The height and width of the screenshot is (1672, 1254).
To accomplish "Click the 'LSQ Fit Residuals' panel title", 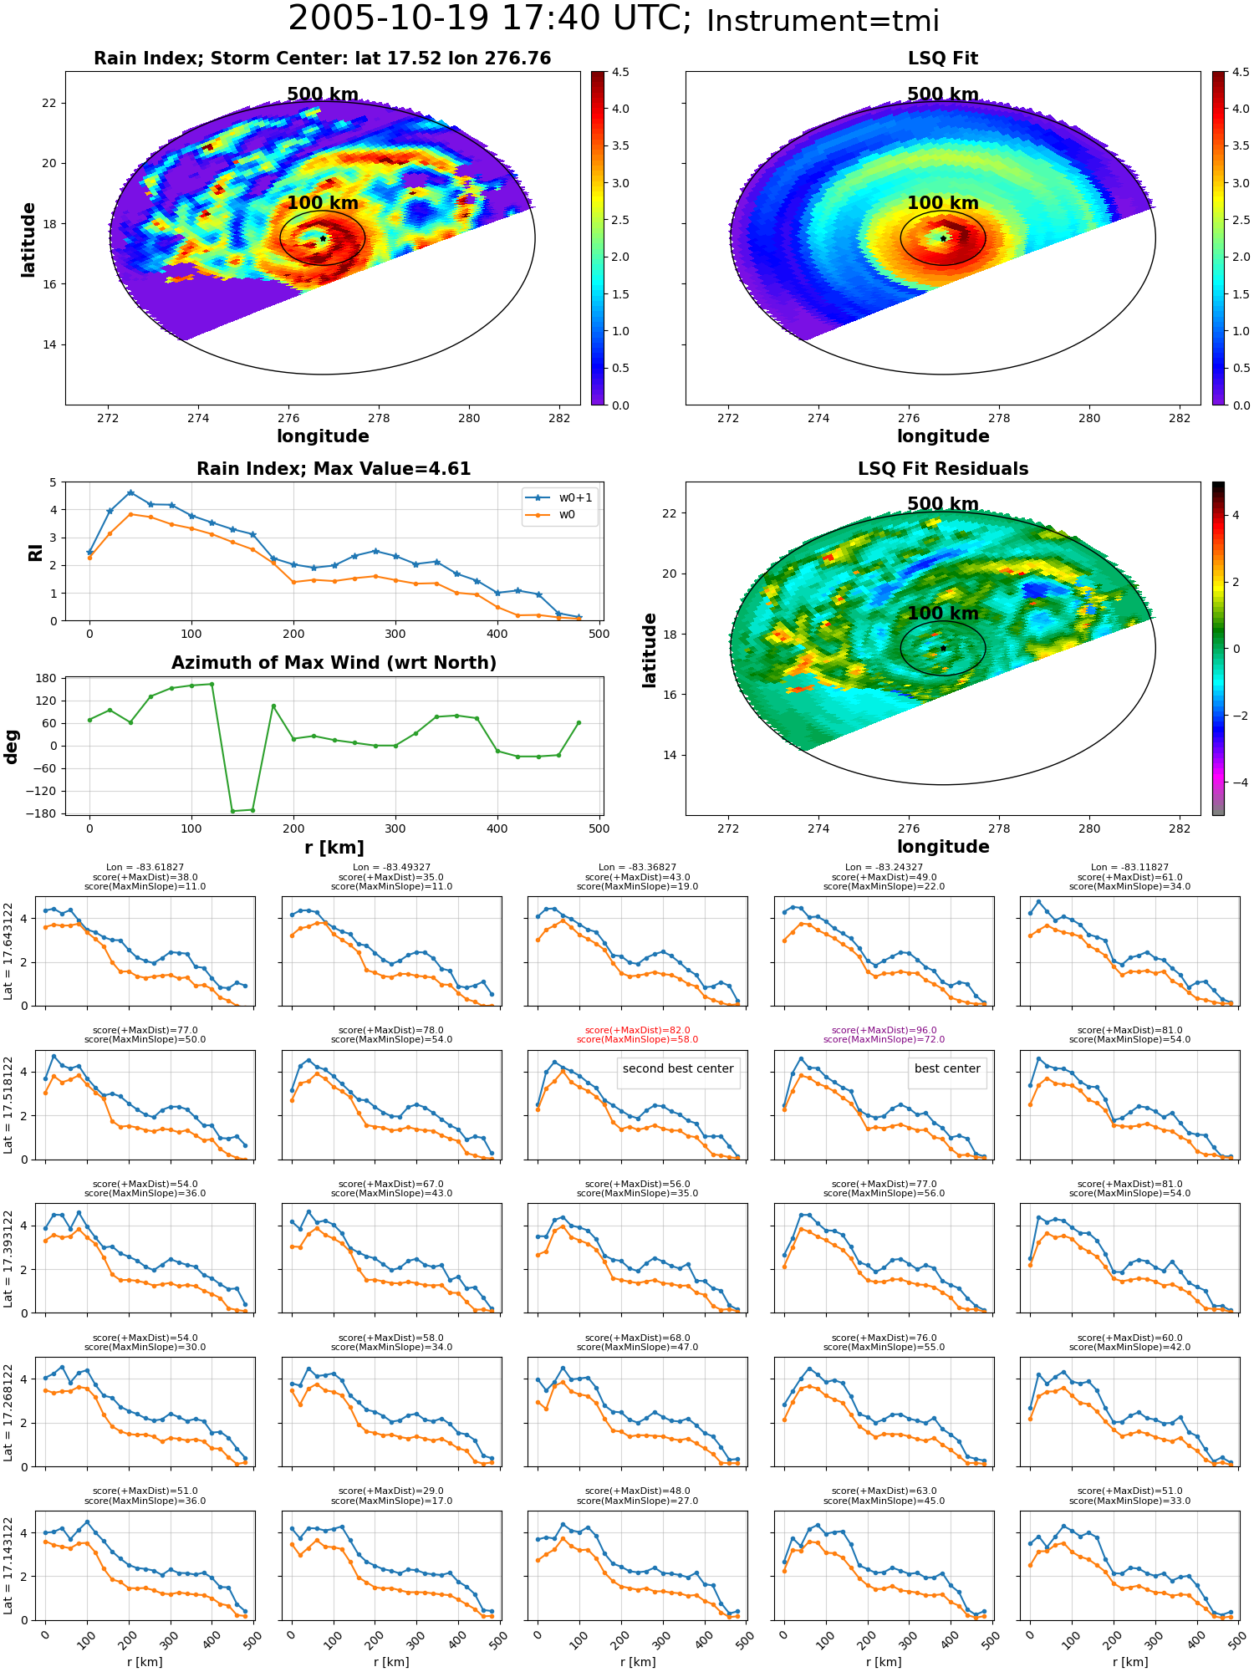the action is coord(943,469).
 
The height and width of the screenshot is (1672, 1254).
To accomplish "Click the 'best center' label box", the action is coord(947,1068).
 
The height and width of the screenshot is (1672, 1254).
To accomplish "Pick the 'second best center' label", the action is coord(678,1068).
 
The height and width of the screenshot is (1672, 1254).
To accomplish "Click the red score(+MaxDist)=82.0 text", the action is coord(638,1031).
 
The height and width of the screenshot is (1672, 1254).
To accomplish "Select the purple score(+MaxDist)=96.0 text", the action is coord(884,1031).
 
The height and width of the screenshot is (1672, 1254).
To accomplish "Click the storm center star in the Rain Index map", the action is coord(323,238).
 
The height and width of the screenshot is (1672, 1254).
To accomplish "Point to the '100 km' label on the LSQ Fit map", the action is coord(943,203).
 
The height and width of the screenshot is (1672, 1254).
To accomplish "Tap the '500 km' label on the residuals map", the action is coord(943,504).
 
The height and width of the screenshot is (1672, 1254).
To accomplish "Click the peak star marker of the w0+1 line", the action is coord(130,493).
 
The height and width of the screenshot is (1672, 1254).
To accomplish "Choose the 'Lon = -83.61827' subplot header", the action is coord(145,868).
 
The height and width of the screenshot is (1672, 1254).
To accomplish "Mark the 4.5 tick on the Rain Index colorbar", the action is coord(620,72).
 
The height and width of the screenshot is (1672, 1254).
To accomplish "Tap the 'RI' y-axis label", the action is coord(36,552).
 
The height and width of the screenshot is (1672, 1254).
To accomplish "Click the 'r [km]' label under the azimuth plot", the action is coord(334,848).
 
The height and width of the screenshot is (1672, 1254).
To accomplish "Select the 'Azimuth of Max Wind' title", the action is coord(334,663).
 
